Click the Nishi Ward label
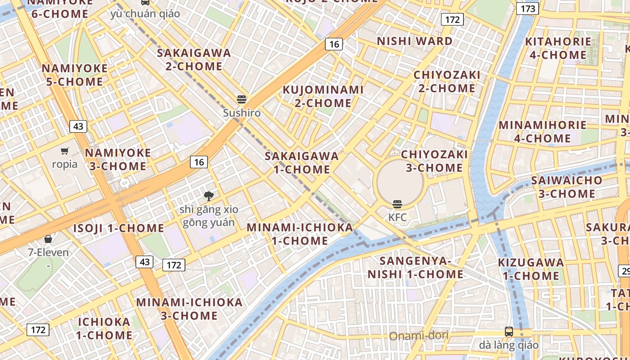pyautogui.click(x=414, y=41)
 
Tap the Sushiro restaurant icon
pyautogui.click(x=242, y=99)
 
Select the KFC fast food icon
pyautogui.click(x=397, y=204)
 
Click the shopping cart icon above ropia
pyautogui.click(x=65, y=151)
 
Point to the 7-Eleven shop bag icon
pyautogui.click(x=48, y=239)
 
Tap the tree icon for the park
pyautogui.click(x=208, y=196)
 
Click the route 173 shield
pyautogui.click(x=527, y=9)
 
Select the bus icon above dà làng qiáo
pyautogui.click(x=508, y=332)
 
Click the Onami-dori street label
pyautogui.click(x=418, y=336)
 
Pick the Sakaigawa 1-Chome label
pyautogui.click(x=302, y=163)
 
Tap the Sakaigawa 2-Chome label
pyautogui.click(x=194, y=59)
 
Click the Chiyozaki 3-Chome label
pyautogui.click(x=434, y=161)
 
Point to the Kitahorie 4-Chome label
pyautogui.click(x=558, y=48)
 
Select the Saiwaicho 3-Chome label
pyautogui.click(x=567, y=187)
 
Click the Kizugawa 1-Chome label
pyautogui.click(x=531, y=269)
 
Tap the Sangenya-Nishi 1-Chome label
pyautogui.click(x=415, y=267)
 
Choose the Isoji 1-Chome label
pyautogui.click(x=119, y=228)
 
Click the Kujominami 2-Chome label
pyautogui.click(x=323, y=96)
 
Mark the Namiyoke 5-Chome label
pyautogui.click(x=75, y=75)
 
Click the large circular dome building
pyautogui.click(x=400, y=182)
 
